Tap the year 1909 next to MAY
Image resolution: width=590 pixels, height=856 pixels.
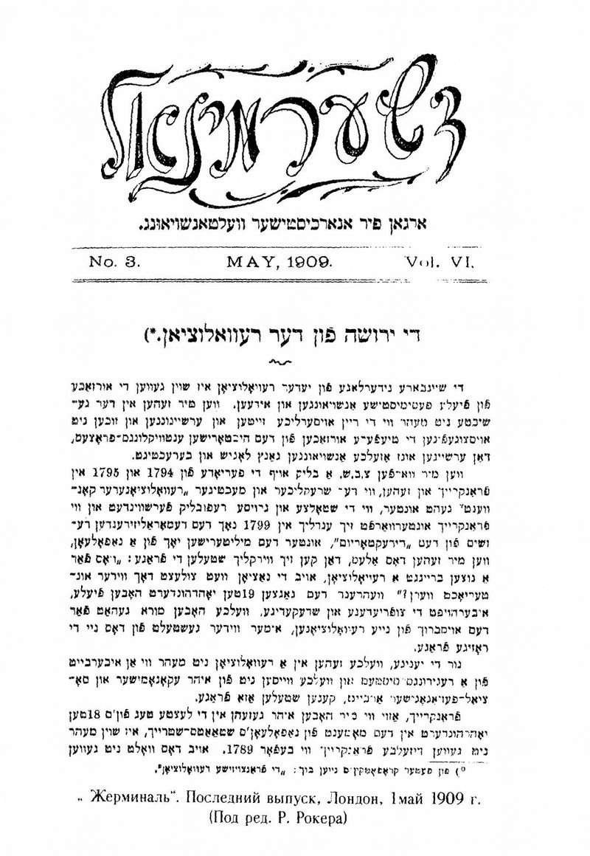(308, 262)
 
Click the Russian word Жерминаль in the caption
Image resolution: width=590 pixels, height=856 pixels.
(156, 798)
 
